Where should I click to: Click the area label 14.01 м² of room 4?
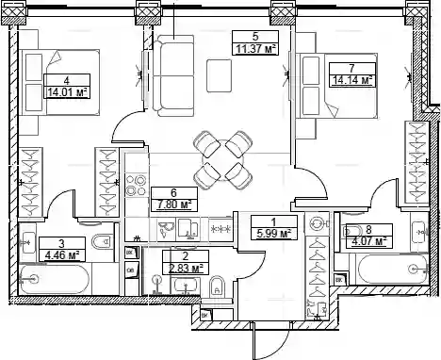pos(67,92)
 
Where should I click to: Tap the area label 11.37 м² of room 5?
pos(255,49)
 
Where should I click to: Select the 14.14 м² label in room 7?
pos(352,80)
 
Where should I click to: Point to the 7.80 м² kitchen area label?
pos(174,205)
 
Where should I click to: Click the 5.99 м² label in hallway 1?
pos(273,234)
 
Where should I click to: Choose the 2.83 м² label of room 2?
pos(186,269)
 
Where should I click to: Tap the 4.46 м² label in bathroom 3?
pos(61,255)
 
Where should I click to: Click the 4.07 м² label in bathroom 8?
pos(368,241)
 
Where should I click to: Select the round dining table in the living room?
pos(222,159)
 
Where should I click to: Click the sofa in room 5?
pos(173,75)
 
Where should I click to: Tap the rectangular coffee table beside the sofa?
pos(219,75)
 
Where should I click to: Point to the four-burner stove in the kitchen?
pos(136,186)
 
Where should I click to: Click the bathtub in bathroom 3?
pos(55,279)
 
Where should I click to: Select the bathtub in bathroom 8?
pos(393,269)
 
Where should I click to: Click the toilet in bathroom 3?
pos(103,241)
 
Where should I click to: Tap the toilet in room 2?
pos(217,286)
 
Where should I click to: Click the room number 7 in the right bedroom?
pos(351,68)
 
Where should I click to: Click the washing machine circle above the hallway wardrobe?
pos(317,224)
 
